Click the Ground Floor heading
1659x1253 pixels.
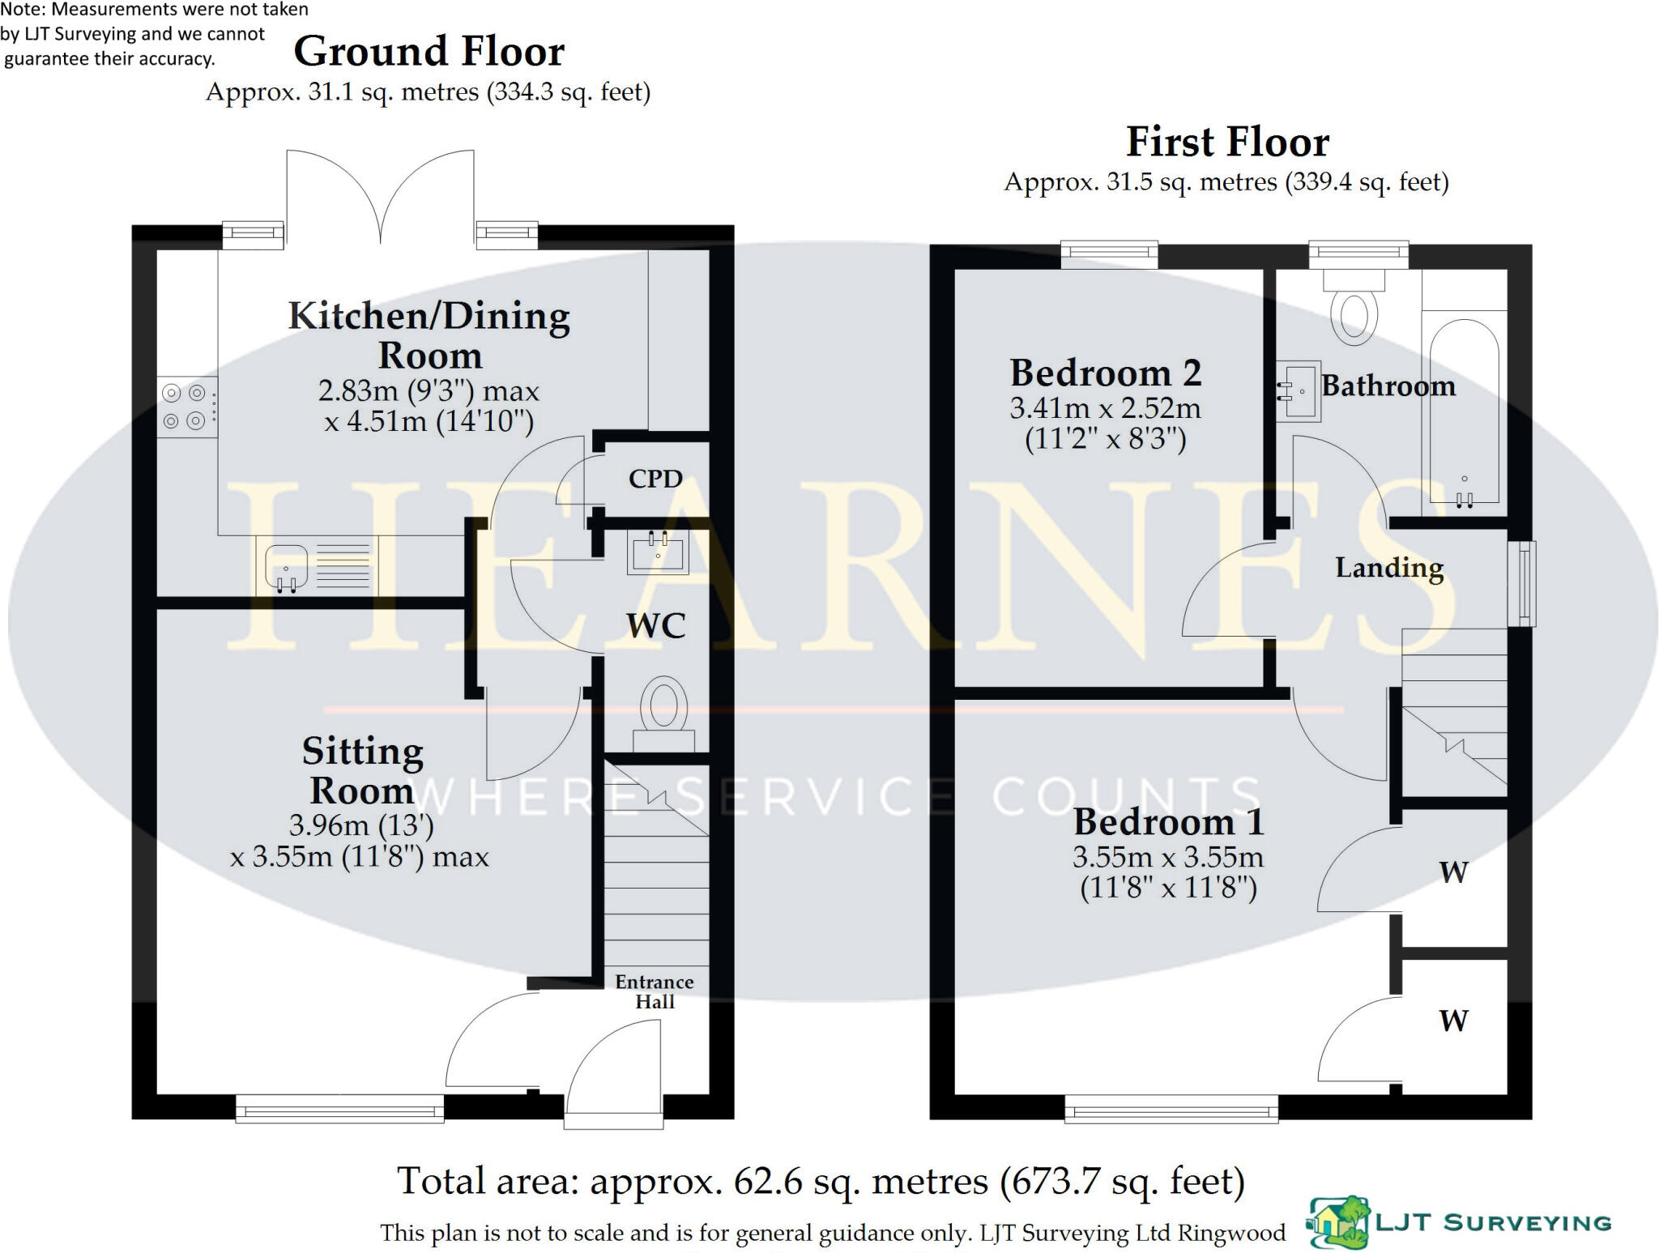click(x=429, y=52)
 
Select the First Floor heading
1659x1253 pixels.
click(x=1226, y=143)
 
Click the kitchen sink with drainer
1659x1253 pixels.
click(x=316, y=565)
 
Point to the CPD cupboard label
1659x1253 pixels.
click(x=655, y=479)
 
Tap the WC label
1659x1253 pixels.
click(x=655, y=625)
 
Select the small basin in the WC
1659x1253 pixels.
click(x=657, y=552)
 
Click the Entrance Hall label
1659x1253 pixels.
click(x=654, y=991)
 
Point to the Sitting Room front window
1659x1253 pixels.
click(x=339, y=1108)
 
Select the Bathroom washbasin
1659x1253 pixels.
click(x=1299, y=391)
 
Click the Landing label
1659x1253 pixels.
click(x=1388, y=568)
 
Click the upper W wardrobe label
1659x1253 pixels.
click(x=1453, y=872)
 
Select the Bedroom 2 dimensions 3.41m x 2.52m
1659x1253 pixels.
click(x=1105, y=408)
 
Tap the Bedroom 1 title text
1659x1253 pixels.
click(x=1168, y=822)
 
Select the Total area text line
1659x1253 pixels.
click(x=820, y=1181)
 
